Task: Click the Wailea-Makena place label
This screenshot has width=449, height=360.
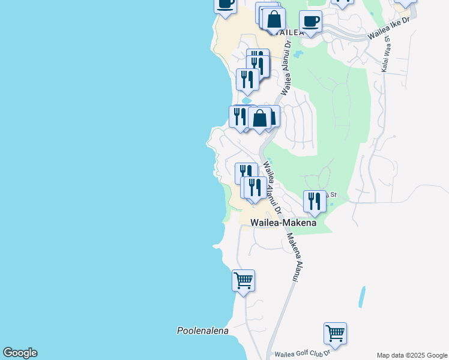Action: tap(283, 223)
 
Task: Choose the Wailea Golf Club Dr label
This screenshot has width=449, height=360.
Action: tap(303, 355)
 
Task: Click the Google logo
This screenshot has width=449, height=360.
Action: tap(20, 353)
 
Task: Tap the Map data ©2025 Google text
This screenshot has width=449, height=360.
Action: tap(412, 355)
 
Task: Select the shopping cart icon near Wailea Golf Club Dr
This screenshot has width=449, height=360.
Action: tap(335, 332)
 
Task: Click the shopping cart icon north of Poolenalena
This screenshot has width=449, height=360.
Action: tap(243, 280)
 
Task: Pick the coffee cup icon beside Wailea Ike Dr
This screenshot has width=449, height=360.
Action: tap(310, 21)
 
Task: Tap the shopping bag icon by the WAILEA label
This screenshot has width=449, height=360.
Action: tap(274, 19)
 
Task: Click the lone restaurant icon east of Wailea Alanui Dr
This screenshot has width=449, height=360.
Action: tap(315, 200)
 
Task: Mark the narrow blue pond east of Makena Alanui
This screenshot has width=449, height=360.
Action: tap(361, 296)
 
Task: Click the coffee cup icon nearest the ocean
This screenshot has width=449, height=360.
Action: tap(226, 4)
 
